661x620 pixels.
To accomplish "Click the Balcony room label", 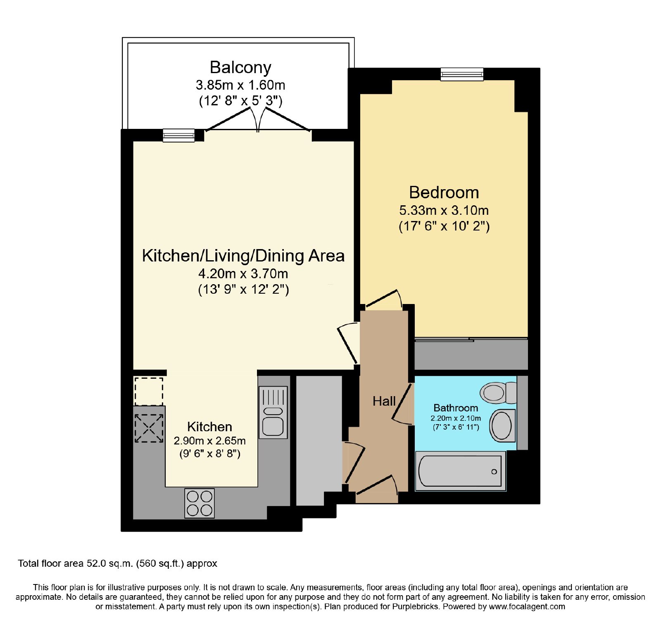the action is (240, 67).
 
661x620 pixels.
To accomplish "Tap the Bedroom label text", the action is (444, 192).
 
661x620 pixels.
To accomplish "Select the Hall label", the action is (384, 401).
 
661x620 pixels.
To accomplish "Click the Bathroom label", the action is (456, 408).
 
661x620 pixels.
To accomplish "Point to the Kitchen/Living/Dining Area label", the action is (243, 256).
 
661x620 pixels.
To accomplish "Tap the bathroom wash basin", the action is (502, 425).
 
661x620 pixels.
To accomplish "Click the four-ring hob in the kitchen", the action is (200, 503).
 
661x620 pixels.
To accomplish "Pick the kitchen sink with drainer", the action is (273, 412).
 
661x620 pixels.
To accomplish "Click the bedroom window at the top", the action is (461, 74).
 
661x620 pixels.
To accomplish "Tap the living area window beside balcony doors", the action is (178, 135).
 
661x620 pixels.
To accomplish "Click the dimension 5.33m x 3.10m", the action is (444, 210).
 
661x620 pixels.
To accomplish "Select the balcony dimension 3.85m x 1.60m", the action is (240, 85).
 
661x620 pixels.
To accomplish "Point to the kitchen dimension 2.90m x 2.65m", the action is (210, 441).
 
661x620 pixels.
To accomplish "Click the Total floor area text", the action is (118, 563).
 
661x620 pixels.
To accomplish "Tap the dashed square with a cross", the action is (149, 428).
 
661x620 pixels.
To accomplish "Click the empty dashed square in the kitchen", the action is (149, 391).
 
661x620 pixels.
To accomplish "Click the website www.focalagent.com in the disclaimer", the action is (527, 607).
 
